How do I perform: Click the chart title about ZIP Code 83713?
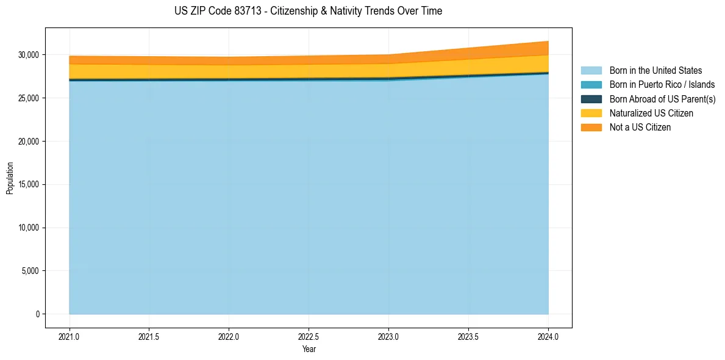click(308, 11)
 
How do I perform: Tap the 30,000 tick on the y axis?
click(28, 55)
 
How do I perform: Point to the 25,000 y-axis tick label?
click(28, 98)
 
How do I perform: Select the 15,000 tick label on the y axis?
click(28, 184)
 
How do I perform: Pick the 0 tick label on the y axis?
click(37, 314)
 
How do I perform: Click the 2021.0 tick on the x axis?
click(69, 336)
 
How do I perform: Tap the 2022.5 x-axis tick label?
click(309, 336)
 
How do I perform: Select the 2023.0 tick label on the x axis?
click(388, 336)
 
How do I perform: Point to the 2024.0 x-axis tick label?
click(548, 336)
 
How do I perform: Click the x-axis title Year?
click(309, 349)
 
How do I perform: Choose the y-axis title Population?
click(10, 178)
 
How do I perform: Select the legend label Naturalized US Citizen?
click(651, 113)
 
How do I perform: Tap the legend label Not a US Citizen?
click(640, 128)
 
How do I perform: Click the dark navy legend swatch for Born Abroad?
click(591, 99)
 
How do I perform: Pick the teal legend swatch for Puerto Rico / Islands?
click(591, 85)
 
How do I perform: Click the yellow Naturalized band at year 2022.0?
click(229, 71)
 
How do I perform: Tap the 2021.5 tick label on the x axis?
click(149, 336)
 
